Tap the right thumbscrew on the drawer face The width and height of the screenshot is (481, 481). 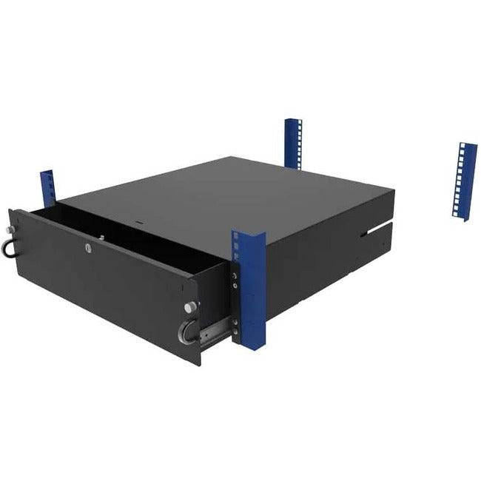(x=190, y=306)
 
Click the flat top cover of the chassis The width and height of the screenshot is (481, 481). (x=222, y=192)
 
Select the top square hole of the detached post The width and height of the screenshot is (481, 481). (x=468, y=148)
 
